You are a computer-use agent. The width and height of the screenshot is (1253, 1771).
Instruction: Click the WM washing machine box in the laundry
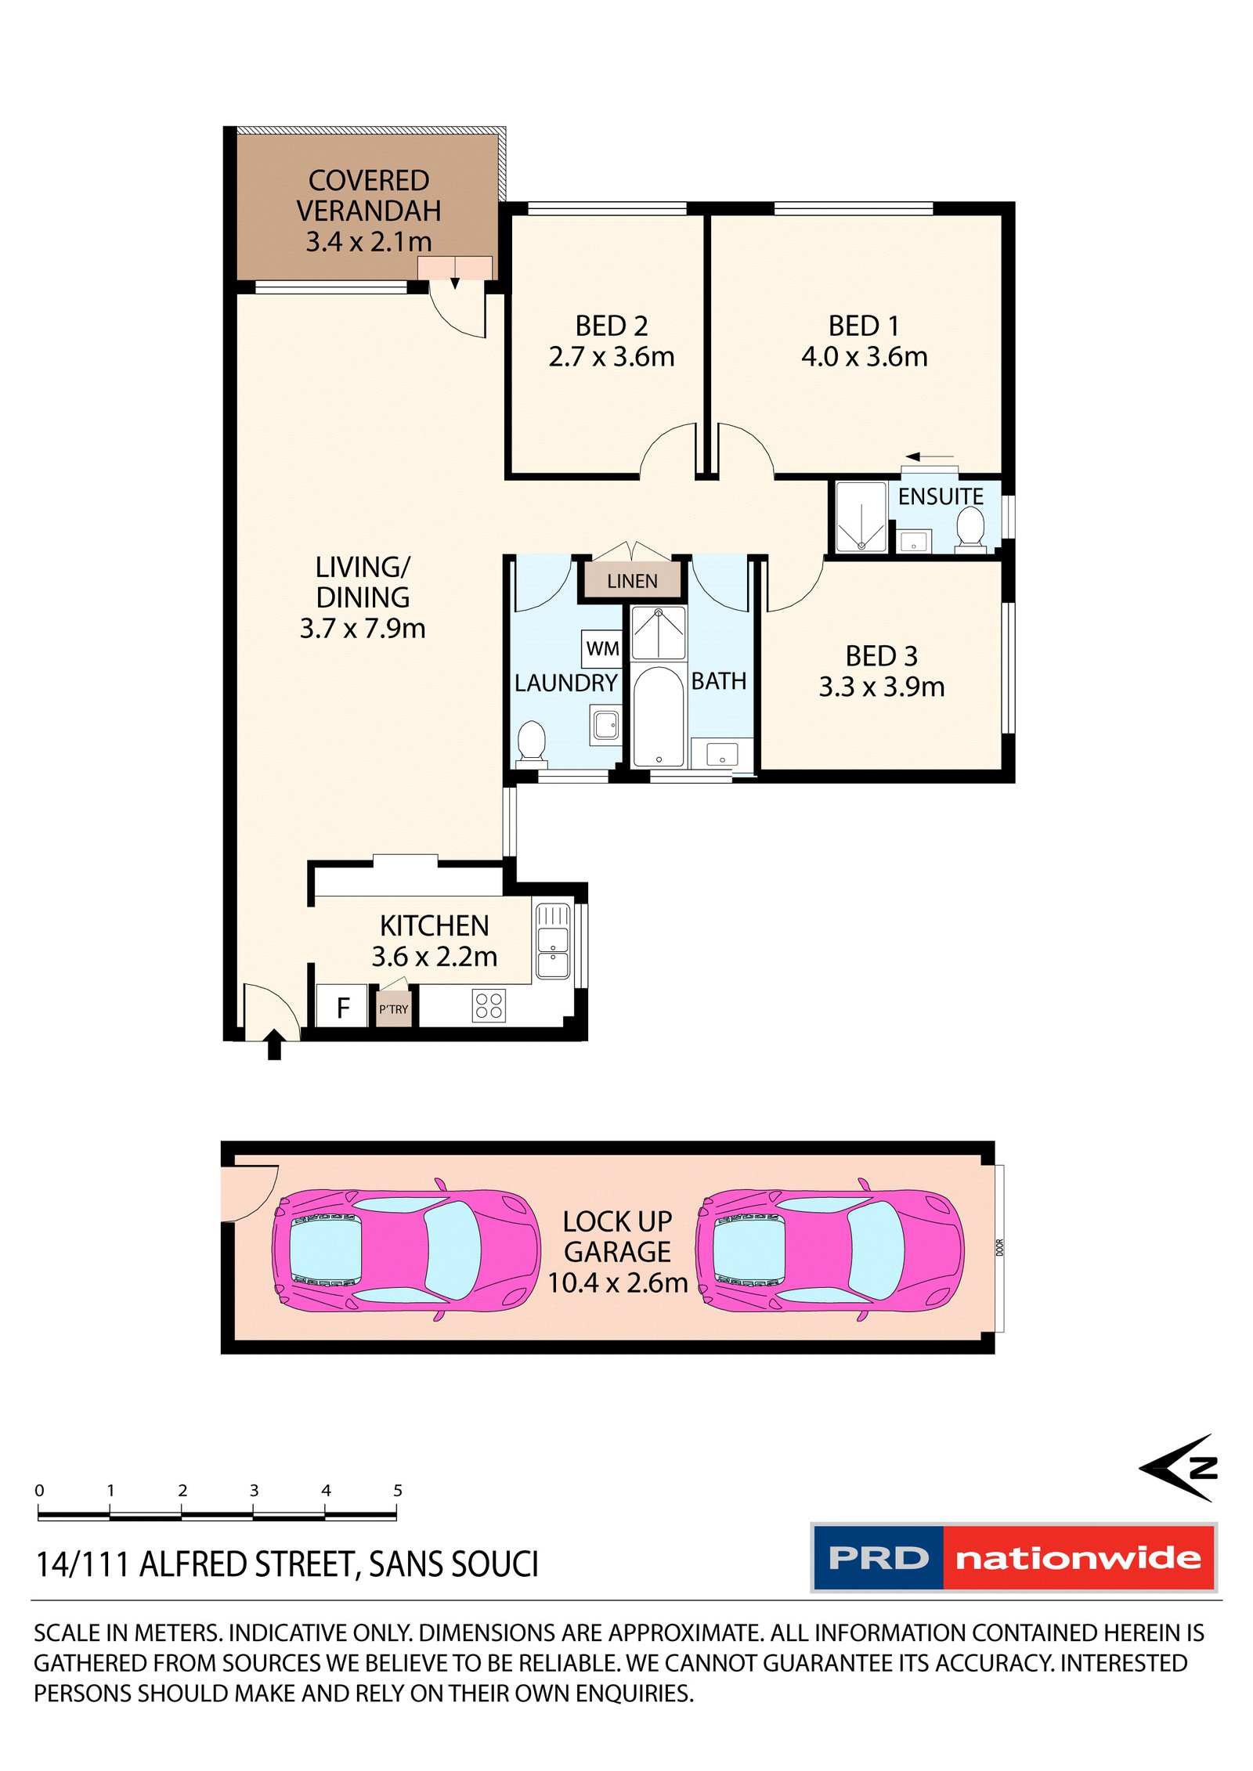click(601, 648)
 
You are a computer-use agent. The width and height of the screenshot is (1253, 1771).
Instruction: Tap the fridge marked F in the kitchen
click(341, 1007)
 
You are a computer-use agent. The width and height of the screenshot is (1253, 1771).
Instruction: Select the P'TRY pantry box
click(393, 1008)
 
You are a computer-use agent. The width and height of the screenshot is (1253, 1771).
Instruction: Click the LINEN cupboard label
click(631, 581)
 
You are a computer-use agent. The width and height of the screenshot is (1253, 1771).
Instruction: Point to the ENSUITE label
click(940, 496)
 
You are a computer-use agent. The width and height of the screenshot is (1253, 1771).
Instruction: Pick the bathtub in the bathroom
click(658, 716)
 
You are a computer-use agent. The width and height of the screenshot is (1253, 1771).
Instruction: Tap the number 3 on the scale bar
click(254, 1490)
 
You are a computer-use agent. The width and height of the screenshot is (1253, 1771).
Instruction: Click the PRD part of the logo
click(878, 1557)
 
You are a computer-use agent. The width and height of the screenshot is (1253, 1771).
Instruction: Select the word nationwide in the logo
click(1078, 1557)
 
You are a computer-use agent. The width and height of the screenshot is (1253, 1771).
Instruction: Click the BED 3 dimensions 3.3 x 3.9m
click(881, 687)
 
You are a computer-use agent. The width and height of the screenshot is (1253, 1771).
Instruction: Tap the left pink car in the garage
click(406, 1250)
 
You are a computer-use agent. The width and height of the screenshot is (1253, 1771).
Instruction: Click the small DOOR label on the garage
click(999, 1247)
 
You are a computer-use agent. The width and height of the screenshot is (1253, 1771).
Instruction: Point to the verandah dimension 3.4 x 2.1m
click(368, 241)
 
